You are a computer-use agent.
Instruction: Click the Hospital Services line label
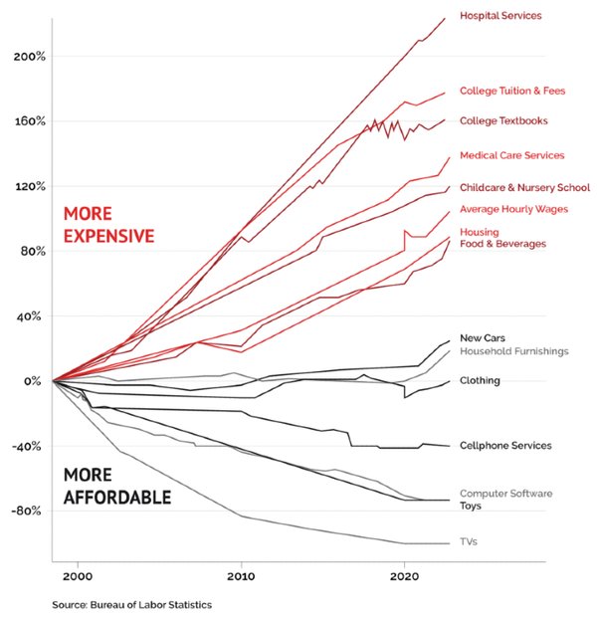[499, 16]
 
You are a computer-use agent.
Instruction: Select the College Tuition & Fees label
[511, 91]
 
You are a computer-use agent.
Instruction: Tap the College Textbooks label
[504, 121]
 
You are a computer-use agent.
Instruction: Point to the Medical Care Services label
[511, 155]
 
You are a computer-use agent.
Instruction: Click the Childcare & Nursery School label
[524, 187]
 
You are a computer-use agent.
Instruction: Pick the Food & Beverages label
[502, 244]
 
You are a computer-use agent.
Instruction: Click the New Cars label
[481, 338]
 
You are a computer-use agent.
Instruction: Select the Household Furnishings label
[513, 351]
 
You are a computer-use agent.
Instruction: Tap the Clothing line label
[480, 381]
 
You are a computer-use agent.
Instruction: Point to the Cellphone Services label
[504, 446]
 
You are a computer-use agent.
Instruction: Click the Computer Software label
[505, 494]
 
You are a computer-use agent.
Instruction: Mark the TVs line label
[470, 541]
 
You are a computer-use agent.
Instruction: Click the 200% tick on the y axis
[31, 57]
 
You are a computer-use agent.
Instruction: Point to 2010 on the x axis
[240, 576]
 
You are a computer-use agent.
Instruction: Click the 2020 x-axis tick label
[404, 576]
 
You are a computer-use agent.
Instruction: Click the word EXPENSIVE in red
[108, 236]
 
